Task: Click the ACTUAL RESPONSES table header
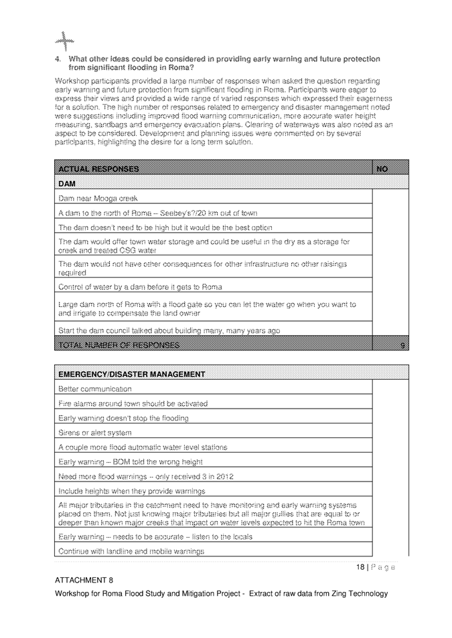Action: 98,169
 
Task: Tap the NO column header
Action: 382,169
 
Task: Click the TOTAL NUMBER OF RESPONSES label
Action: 119,345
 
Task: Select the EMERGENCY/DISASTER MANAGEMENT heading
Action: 132,373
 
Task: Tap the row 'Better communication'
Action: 95,389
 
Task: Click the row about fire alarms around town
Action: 133,403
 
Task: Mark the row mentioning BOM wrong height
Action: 131,462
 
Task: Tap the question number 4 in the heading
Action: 58,59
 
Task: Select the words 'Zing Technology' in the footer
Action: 356,593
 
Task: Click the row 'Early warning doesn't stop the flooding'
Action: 123,418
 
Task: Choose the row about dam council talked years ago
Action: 169,330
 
